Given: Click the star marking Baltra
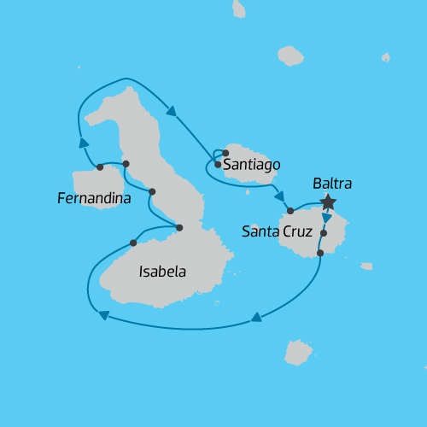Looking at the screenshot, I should (327, 202).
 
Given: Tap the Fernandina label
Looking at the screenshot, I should (94, 199).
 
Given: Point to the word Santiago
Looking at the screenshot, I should (251, 165).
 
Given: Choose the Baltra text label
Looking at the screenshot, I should (332, 183).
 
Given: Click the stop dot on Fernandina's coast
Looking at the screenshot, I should (100, 167).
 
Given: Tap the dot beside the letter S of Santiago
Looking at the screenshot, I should (218, 164).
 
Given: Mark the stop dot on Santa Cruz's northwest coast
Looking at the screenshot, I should (290, 210).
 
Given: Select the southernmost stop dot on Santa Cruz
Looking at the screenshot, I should (320, 253).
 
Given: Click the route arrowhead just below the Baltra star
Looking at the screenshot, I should (327, 218).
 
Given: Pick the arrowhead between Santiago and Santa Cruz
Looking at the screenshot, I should (279, 196).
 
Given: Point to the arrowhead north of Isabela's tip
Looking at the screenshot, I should (171, 110).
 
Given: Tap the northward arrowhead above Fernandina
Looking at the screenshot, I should (84, 143).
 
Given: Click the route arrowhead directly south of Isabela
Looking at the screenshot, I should (103, 315).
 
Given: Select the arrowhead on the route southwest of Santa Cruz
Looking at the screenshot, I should (256, 319).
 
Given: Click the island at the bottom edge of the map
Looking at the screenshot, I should (298, 352).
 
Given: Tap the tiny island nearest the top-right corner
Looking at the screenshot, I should (385, 58).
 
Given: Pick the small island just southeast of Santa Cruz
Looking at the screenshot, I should (366, 266).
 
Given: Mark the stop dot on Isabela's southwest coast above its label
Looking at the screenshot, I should (133, 243).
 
